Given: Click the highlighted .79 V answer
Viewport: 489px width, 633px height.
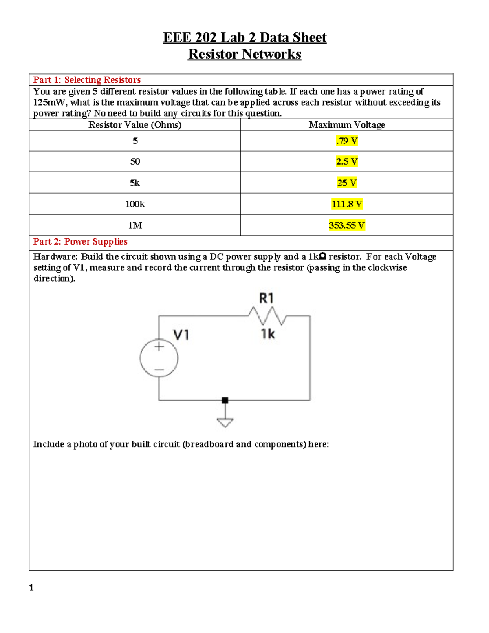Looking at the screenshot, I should [x=347, y=141].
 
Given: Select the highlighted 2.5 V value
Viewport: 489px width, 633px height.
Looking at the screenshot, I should [x=347, y=162].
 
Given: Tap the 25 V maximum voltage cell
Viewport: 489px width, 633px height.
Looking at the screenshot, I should [x=347, y=183].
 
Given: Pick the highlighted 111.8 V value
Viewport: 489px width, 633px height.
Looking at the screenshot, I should [x=347, y=204].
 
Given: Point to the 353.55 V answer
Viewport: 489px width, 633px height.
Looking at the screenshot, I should [x=347, y=225].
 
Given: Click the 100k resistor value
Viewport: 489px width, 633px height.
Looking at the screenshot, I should [x=135, y=204].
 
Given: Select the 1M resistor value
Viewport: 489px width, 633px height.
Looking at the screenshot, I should [x=135, y=225].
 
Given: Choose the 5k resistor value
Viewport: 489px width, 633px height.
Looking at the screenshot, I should [x=135, y=183].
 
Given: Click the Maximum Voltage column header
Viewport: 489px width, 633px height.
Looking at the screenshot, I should [x=347, y=125].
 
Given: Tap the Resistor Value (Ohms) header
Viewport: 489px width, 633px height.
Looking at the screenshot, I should [x=135, y=125].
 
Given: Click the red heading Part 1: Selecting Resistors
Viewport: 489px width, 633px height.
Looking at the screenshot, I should [x=87, y=80].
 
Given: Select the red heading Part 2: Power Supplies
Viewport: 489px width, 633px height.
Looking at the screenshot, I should [x=80, y=242].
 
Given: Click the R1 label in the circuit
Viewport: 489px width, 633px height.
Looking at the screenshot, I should [x=267, y=298].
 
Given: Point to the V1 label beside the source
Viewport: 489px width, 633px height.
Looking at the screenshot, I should [x=181, y=335].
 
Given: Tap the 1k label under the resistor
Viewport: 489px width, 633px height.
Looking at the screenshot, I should [x=268, y=334].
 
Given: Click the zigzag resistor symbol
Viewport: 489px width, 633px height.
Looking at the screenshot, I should [x=267, y=316].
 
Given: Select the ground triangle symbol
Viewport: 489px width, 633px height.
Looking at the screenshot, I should [x=225, y=423].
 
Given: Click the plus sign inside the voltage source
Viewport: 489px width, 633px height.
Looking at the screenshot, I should [x=159, y=347].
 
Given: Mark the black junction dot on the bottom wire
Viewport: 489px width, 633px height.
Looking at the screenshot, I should [x=225, y=400].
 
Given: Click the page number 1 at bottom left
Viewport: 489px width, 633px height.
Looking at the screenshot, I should [x=31, y=588].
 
